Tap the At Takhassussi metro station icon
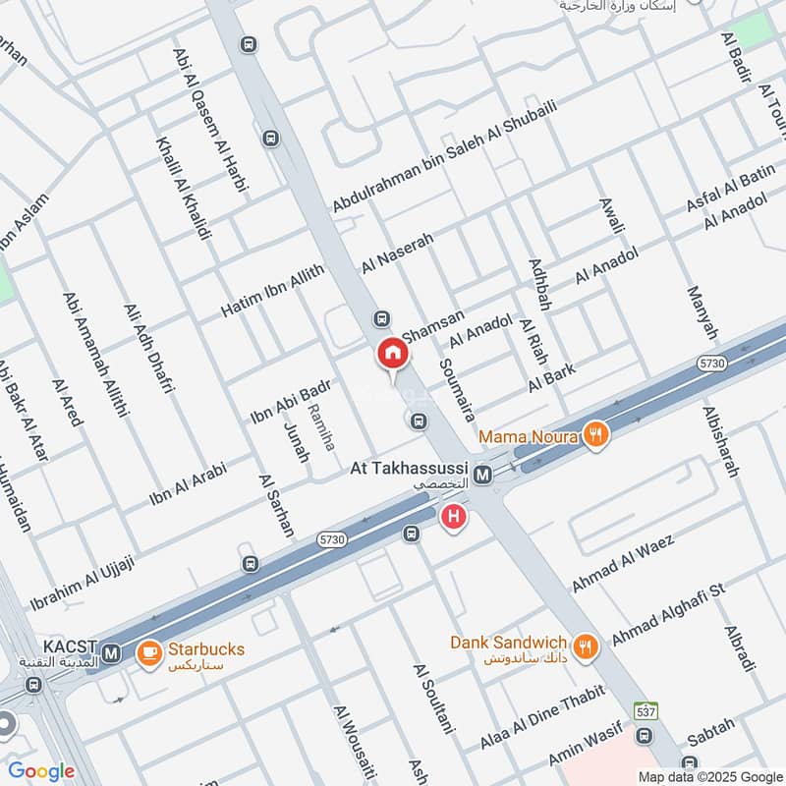click(x=482, y=476)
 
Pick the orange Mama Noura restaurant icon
click(x=594, y=434)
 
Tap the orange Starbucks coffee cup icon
click(x=149, y=652)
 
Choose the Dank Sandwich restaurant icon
click(x=587, y=646)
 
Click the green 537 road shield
click(x=646, y=710)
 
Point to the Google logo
click(x=42, y=771)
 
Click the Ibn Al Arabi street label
click(x=188, y=482)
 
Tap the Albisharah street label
click(x=720, y=441)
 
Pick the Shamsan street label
click(x=432, y=323)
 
